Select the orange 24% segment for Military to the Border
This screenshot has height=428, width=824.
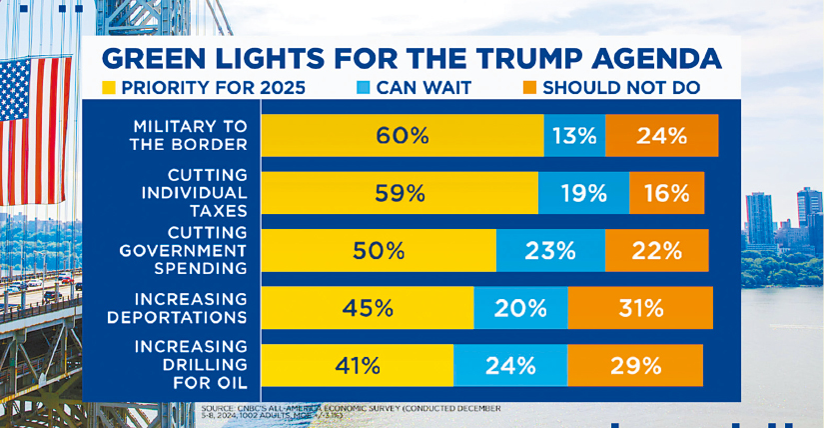click(661, 136)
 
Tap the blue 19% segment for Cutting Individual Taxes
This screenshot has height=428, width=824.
click(583, 193)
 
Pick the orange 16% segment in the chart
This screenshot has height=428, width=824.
click(666, 193)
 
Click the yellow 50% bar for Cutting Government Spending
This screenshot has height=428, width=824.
click(379, 250)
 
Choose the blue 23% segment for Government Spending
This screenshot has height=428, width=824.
click(550, 250)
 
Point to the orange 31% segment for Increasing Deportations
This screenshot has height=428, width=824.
click(640, 308)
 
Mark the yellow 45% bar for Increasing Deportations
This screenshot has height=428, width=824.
click(367, 308)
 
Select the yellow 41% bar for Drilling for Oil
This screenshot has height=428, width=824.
click(357, 365)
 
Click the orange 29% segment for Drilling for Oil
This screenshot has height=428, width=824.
click(634, 365)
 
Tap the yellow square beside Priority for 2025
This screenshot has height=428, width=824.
click(108, 87)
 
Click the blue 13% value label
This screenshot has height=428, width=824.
click(574, 136)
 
